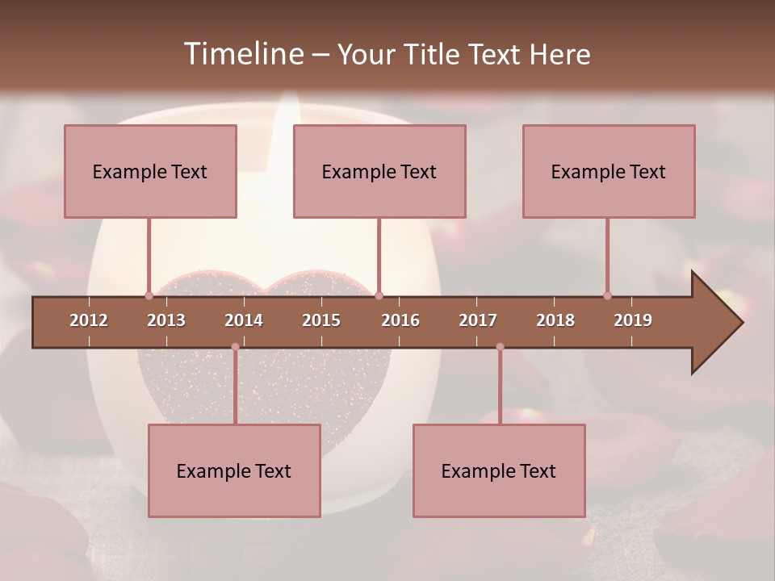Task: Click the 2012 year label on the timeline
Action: (x=89, y=320)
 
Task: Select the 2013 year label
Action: (x=166, y=320)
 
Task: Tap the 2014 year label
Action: (x=244, y=320)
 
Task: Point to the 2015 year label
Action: (x=321, y=320)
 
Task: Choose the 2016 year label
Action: (x=400, y=320)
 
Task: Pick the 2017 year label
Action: (x=478, y=320)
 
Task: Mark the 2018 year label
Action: (x=555, y=320)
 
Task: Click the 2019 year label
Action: (x=633, y=320)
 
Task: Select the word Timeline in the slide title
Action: (x=243, y=54)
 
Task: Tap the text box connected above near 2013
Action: (x=150, y=171)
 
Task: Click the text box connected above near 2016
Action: (x=379, y=171)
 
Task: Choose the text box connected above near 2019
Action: (x=609, y=171)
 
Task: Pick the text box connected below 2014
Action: (x=234, y=470)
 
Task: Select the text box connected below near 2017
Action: (x=499, y=470)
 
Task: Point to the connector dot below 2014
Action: (x=235, y=347)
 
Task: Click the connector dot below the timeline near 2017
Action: (x=500, y=347)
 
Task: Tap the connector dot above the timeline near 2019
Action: (x=608, y=295)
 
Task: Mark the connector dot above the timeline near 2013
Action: (x=149, y=295)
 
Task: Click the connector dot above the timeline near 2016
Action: (x=379, y=295)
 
